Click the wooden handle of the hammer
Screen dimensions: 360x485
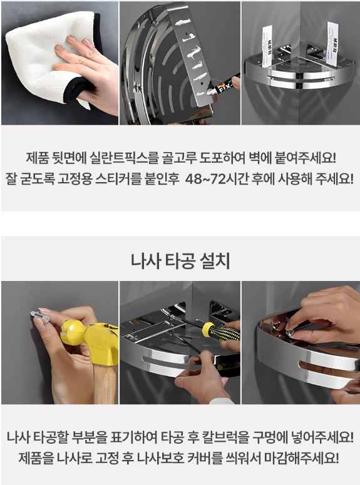105,384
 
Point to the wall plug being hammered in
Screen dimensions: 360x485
39,315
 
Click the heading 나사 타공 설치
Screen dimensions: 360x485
180,261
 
